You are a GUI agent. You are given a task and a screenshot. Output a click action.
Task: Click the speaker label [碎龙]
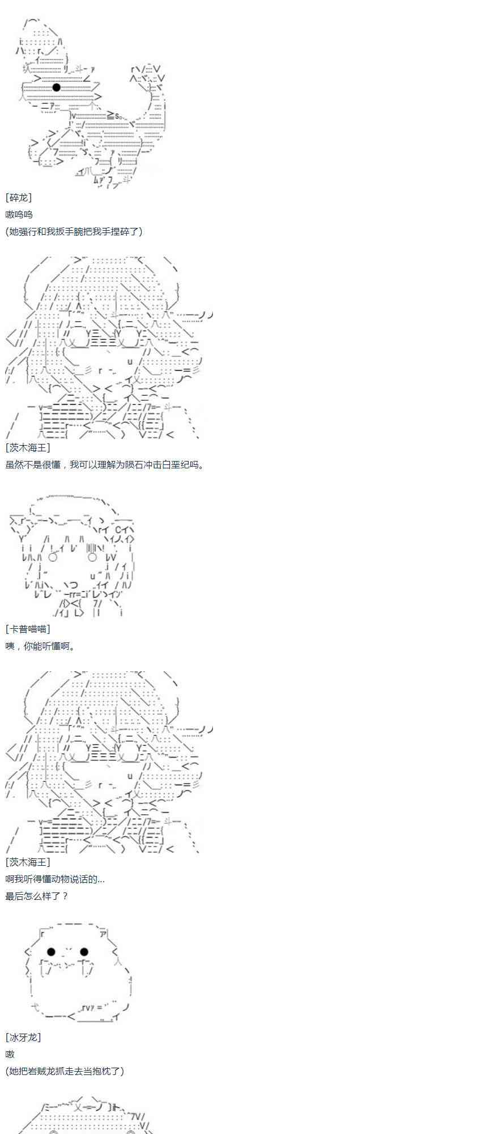tap(19, 197)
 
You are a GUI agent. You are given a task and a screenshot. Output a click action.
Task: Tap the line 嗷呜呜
tap(19, 214)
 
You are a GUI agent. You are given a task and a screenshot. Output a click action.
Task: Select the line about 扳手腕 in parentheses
tap(74, 231)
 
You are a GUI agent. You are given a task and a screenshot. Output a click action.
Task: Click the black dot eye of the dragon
tap(56, 87)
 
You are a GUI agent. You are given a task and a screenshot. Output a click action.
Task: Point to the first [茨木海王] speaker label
tap(28, 448)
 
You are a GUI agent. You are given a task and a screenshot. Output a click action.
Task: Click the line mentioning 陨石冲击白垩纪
tap(104, 465)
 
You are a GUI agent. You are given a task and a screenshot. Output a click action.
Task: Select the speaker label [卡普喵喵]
tap(28, 629)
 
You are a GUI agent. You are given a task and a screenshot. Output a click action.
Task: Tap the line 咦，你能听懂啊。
tap(40, 646)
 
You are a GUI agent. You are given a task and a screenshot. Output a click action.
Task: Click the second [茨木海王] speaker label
tap(28, 862)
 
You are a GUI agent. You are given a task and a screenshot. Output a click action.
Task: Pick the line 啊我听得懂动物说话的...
tap(55, 879)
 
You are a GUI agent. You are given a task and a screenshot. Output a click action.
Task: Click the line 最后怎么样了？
tap(37, 896)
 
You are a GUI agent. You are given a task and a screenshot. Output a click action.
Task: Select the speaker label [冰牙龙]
tap(23, 1038)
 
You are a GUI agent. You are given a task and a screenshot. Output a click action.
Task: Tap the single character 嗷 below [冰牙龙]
tap(10, 1055)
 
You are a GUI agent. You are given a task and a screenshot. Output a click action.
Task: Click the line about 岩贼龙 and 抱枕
tap(65, 1072)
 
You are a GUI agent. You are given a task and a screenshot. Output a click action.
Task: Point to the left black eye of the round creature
tap(51, 952)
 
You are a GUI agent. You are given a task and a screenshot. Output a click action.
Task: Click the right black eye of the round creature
tap(84, 952)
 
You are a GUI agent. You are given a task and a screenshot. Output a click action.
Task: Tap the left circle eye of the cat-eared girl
tap(53, 557)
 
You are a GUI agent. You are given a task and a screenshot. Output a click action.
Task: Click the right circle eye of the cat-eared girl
tap(93, 557)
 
